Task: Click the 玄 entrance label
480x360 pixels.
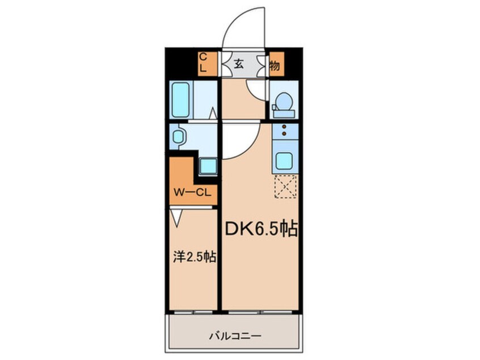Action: [x=239, y=64]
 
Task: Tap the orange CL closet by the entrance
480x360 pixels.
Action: [x=207, y=63]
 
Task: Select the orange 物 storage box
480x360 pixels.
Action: [x=275, y=64]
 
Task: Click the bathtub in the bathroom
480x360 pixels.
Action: [x=181, y=101]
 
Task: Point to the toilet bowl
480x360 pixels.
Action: [x=283, y=104]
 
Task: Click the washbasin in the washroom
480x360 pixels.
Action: [x=179, y=137]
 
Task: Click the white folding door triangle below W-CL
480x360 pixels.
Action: [x=176, y=216]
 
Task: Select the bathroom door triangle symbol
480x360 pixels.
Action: [x=213, y=115]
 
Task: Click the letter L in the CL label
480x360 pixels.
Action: [x=203, y=68]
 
